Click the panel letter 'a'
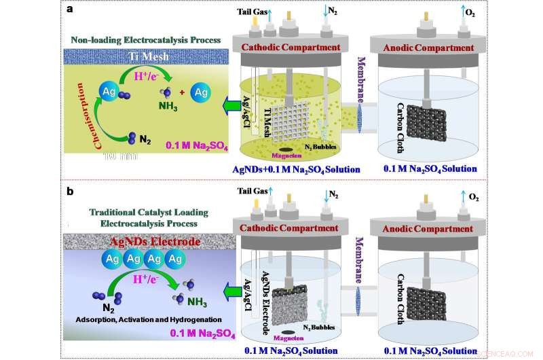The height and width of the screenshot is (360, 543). pyautogui.click(x=71, y=10)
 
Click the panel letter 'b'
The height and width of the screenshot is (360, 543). pyautogui.click(x=71, y=192)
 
